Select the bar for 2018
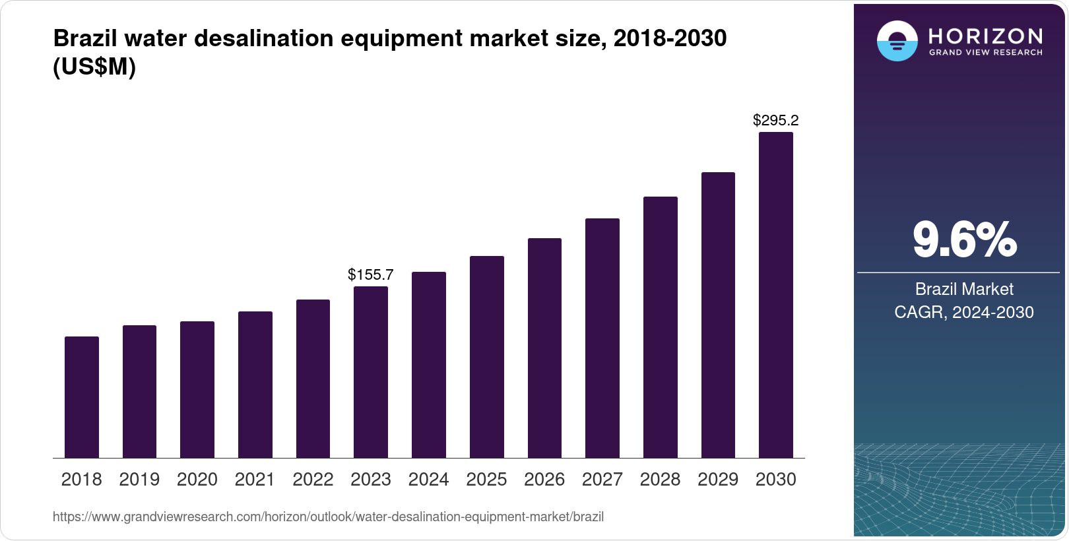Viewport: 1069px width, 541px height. click(x=82, y=397)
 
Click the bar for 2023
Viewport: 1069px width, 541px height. click(x=371, y=372)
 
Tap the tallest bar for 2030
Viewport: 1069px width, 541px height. click(x=776, y=295)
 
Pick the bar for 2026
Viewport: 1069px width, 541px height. click(x=544, y=348)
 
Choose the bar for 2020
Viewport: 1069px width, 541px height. click(x=197, y=389)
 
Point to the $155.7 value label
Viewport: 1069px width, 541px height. click(x=371, y=274)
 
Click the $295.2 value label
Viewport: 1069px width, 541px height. click(x=776, y=120)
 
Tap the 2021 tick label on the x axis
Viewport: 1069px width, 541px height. click(x=255, y=480)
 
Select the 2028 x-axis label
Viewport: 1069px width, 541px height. click(x=660, y=480)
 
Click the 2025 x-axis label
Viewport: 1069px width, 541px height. click(x=486, y=480)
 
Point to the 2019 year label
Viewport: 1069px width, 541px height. click(x=139, y=480)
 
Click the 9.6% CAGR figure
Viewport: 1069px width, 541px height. click(x=964, y=240)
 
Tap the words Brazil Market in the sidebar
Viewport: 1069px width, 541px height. click(x=964, y=289)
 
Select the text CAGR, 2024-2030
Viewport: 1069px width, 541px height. click(x=964, y=312)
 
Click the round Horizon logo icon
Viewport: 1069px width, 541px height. click(x=897, y=41)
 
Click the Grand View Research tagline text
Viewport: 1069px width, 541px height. click(x=985, y=52)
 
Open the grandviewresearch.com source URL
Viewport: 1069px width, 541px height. click(x=328, y=517)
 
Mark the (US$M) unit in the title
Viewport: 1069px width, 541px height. click(x=94, y=67)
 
